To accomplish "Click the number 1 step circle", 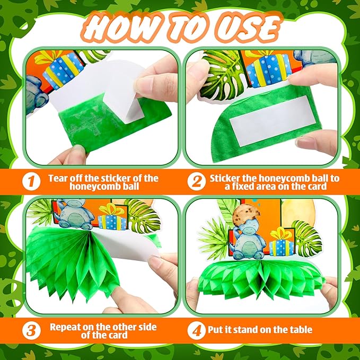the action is [x=31, y=181].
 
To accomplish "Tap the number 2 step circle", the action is [x=196, y=181].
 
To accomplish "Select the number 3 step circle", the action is [x=31, y=331].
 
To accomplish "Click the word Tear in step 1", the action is [x=58, y=178].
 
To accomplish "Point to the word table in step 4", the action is [x=300, y=330].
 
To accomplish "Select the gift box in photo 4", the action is [x=282, y=242].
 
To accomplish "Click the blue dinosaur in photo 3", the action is [x=75, y=214].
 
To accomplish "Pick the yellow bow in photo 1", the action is [x=48, y=57].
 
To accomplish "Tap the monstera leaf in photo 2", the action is [x=221, y=77].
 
